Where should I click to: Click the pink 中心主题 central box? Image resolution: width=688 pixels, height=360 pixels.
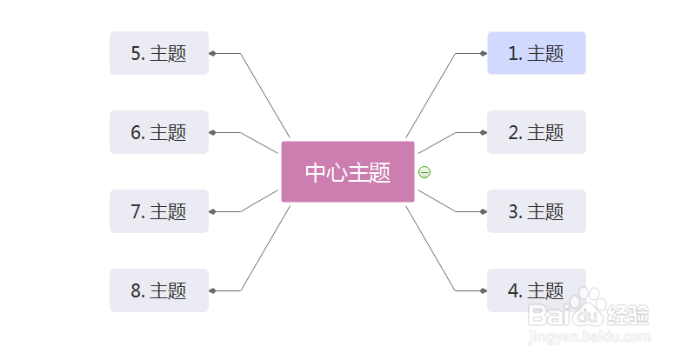pyautogui.click(x=348, y=171)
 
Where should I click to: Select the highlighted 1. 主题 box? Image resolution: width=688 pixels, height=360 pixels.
pyautogui.click(x=536, y=53)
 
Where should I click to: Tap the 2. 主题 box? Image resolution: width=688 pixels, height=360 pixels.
pyautogui.click(x=536, y=132)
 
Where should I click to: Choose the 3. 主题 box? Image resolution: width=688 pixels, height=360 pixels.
pyautogui.click(x=536, y=211)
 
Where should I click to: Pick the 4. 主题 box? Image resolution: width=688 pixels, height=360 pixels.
pyautogui.click(x=536, y=290)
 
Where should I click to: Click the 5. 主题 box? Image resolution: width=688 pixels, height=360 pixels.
pyautogui.click(x=159, y=53)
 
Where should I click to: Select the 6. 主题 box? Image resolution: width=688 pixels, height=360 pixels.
pyautogui.click(x=159, y=132)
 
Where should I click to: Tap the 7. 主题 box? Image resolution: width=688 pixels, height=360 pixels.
pyautogui.click(x=159, y=211)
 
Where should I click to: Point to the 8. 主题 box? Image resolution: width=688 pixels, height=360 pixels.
pyautogui.click(x=159, y=290)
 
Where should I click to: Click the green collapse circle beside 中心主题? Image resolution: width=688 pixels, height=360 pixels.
pyautogui.click(x=424, y=172)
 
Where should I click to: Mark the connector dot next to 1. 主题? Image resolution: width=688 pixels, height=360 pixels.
pyautogui.click(x=484, y=53)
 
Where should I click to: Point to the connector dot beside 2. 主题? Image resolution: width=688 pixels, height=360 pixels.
pyautogui.click(x=484, y=132)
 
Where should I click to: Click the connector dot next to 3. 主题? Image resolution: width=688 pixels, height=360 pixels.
pyautogui.click(x=484, y=211)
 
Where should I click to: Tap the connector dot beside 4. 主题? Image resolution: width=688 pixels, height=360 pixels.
pyautogui.click(x=484, y=290)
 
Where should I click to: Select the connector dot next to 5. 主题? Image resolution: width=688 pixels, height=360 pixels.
pyautogui.click(x=212, y=53)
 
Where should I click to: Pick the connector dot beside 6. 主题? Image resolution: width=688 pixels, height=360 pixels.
pyautogui.click(x=212, y=132)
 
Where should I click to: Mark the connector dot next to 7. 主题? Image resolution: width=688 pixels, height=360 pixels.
pyautogui.click(x=212, y=211)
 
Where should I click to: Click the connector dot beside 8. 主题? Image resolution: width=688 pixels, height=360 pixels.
pyautogui.click(x=212, y=290)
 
